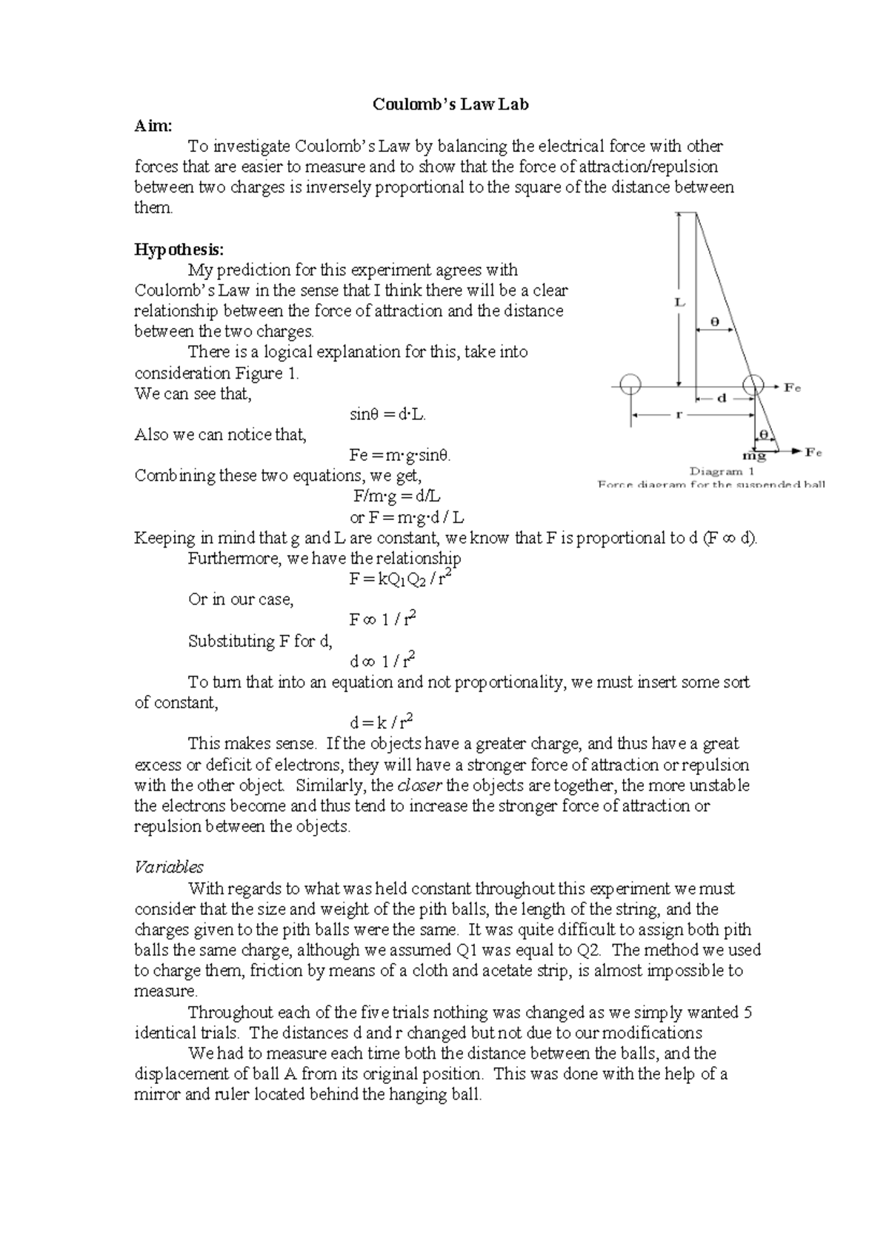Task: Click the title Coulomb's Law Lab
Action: coord(450,104)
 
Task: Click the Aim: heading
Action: coord(153,126)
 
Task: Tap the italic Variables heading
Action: coord(168,867)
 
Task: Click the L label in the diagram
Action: coord(679,302)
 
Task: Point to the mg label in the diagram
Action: coord(754,456)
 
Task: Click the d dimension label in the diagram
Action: coord(721,398)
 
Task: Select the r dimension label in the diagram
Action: coord(679,416)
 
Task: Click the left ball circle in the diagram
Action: coord(630,385)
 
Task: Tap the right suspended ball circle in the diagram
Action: coord(753,385)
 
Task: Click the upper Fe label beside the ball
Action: coord(793,387)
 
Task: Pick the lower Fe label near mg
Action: coord(813,451)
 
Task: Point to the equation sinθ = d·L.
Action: coord(387,415)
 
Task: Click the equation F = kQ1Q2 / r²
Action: coord(400,579)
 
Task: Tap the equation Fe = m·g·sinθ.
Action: coord(400,456)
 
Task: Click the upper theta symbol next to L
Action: coord(715,322)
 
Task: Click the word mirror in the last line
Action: coord(156,1095)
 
